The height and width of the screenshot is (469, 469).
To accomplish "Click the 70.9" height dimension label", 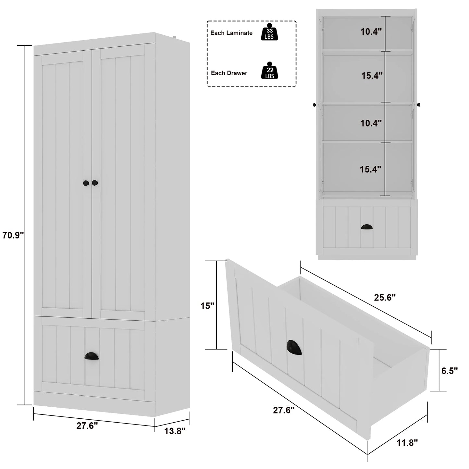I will pyautogui.click(x=13, y=235).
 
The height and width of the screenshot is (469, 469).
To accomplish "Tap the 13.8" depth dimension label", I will pyautogui.click(x=175, y=431).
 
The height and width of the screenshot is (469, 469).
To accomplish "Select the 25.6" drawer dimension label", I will pyautogui.click(x=385, y=297).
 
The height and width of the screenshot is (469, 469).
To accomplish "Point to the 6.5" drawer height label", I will pyautogui.click(x=450, y=371).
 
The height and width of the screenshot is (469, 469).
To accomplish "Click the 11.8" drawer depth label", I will pyautogui.click(x=407, y=442).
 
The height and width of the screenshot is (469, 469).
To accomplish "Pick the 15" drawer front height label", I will pyautogui.click(x=207, y=306).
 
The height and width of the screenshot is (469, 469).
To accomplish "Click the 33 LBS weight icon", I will pyautogui.click(x=269, y=32).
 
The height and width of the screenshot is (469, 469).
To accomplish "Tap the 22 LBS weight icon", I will pyautogui.click(x=270, y=71).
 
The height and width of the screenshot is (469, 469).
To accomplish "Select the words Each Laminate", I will pyautogui.click(x=231, y=33).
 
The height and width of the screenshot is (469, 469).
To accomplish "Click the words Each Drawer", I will pyautogui.click(x=229, y=73).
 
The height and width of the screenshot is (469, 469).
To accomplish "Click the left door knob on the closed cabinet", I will pyautogui.click(x=86, y=183).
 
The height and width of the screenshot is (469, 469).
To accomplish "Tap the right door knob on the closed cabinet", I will pyautogui.click(x=95, y=183).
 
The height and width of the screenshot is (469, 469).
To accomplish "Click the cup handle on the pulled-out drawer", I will pyautogui.click(x=294, y=347).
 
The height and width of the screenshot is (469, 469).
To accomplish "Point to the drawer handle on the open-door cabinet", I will pyautogui.click(x=366, y=227).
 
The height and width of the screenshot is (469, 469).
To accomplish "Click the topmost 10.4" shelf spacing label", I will pyautogui.click(x=371, y=32).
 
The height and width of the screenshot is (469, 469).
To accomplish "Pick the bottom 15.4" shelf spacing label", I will pyautogui.click(x=370, y=169).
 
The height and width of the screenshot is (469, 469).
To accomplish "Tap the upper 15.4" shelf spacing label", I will pyautogui.click(x=372, y=76).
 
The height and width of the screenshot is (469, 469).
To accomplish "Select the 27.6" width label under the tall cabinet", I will pyautogui.click(x=87, y=426).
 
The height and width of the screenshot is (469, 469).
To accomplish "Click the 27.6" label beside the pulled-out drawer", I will pyautogui.click(x=283, y=410).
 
